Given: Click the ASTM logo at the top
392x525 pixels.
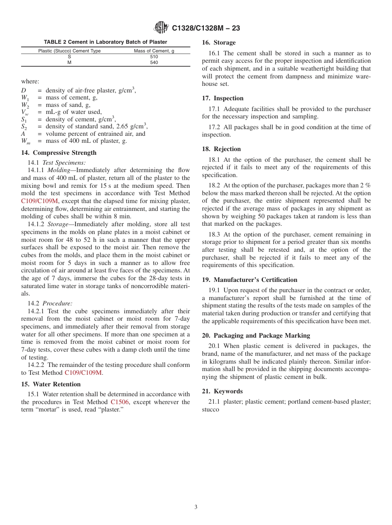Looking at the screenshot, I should [x=161, y=28].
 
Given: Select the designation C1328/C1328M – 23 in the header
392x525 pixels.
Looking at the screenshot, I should [x=206, y=28].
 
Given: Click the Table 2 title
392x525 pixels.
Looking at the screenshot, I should [x=106, y=42].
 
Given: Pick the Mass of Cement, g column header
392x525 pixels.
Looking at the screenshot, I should [x=154, y=51].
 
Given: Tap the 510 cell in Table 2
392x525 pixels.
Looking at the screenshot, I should [x=154, y=57].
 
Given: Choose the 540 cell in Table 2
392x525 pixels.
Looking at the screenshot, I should [x=154, y=63].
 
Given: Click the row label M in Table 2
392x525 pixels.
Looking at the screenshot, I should [x=69, y=63].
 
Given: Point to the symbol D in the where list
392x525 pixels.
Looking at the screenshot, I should [x=24, y=90].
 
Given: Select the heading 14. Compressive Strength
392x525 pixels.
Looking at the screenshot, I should [x=59, y=153].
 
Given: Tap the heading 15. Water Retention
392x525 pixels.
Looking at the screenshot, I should [x=51, y=384].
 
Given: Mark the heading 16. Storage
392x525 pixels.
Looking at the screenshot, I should [x=219, y=43].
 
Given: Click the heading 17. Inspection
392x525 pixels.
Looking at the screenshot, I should [x=222, y=98].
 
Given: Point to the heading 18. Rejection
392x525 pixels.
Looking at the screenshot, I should [x=221, y=149].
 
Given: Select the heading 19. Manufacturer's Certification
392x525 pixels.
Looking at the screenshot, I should [x=249, y=280].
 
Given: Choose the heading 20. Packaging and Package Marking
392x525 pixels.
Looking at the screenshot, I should [x=256, y=336].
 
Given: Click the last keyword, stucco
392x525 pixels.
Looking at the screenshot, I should [x=210, y=410].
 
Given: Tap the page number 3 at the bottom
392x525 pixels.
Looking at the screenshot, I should [x=196, y=507].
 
